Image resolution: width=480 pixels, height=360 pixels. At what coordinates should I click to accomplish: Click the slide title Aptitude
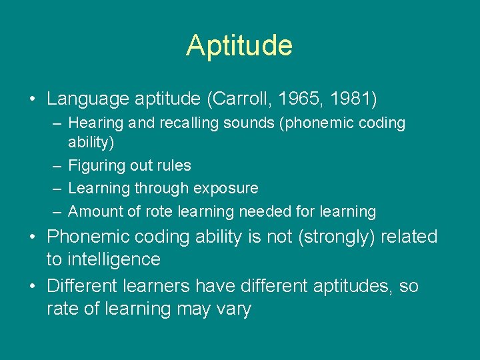239,46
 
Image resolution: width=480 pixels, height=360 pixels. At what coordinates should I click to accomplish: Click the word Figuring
95,166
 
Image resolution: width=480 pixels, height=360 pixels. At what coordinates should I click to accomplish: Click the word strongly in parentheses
334,237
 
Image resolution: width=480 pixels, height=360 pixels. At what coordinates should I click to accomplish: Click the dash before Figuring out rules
57,166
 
